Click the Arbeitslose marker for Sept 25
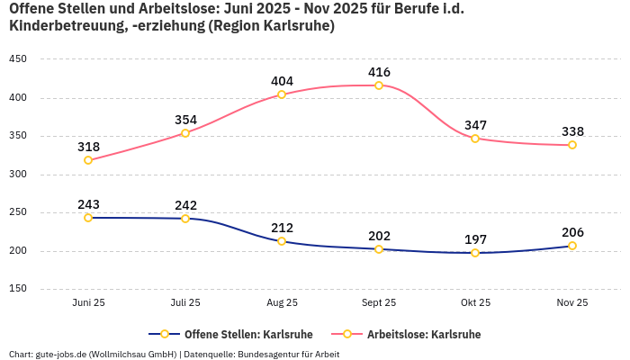point(379,85)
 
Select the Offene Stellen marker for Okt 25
point(475,253)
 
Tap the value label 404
point(282,81)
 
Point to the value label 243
point(88,204)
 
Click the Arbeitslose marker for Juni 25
point(88,160)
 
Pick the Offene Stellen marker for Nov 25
point(572,246)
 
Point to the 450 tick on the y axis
point(18,59)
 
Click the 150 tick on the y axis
point(18,289)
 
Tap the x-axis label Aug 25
point(282,303)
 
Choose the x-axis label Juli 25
point(185,303)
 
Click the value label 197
point(475,239)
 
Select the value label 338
point(572,131)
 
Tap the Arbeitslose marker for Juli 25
point(185,133)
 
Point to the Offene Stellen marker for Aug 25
point(282,241)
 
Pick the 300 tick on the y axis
point(18,175)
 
